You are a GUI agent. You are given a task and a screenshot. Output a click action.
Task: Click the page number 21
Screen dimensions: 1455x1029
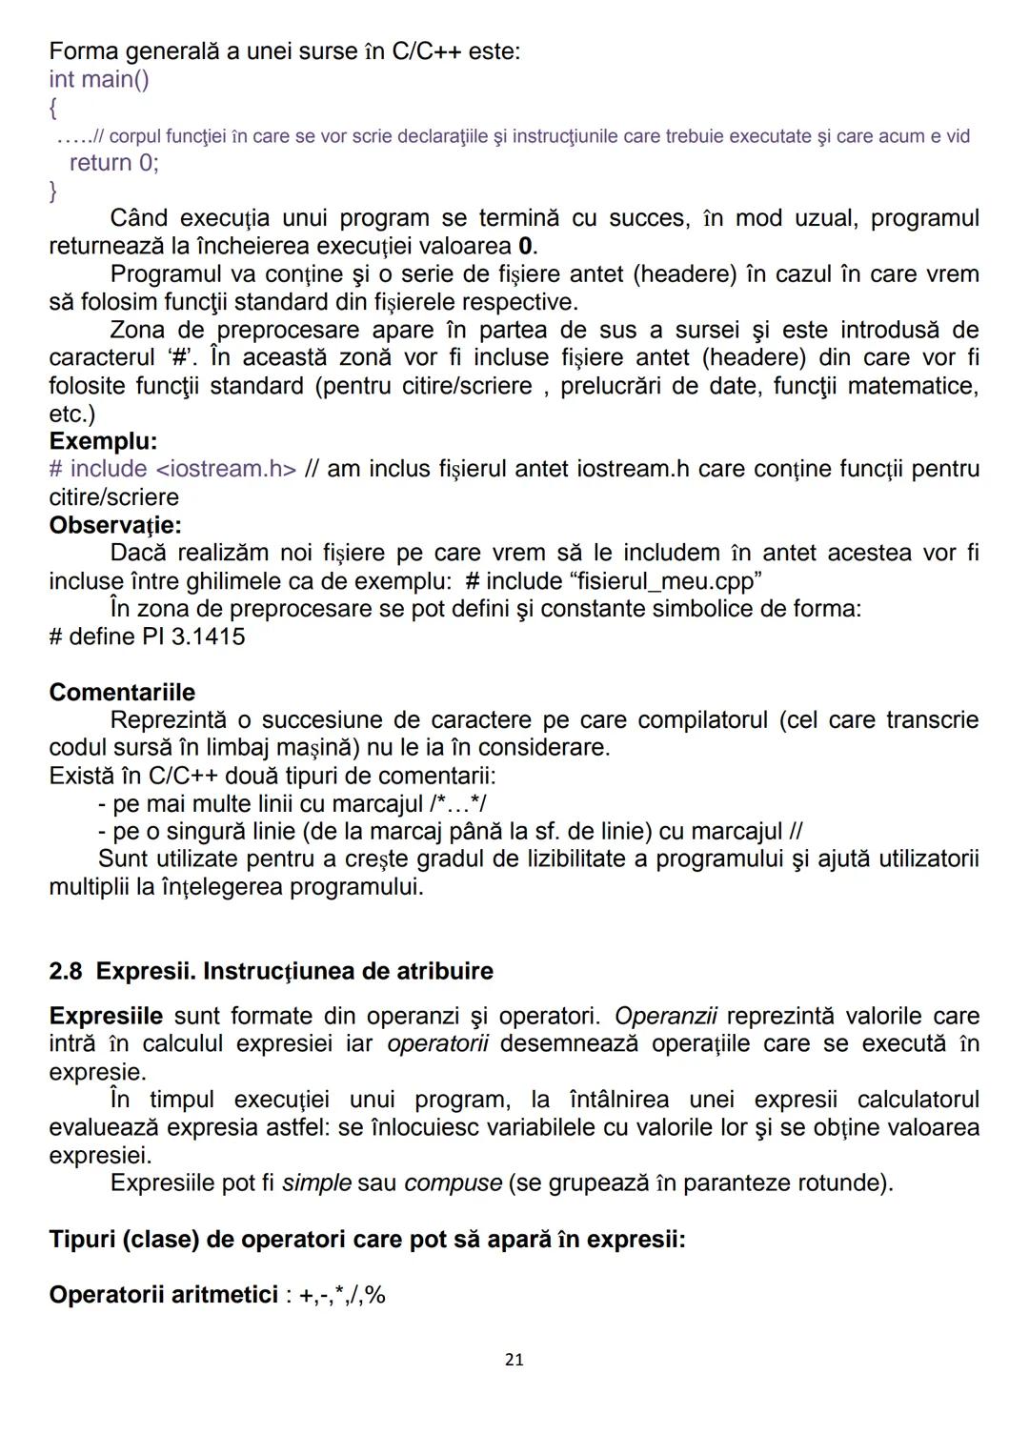click(x=514, y=1360)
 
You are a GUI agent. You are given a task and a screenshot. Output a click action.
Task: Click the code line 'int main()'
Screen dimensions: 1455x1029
click(x=99, y=79)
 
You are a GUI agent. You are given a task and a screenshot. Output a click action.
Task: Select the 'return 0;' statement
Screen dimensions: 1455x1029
click(x=114, y=163)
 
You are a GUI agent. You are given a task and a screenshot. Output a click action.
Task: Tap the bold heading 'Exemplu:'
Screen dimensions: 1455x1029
click(x=103, y=441)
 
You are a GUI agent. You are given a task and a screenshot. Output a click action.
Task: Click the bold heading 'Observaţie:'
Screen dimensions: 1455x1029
click(x=115, y=525)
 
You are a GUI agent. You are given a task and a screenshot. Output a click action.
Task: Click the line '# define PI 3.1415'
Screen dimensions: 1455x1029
click(x=147, y=637)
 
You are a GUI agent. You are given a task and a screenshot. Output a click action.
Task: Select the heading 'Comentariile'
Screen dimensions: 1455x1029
click(x=122, y=692)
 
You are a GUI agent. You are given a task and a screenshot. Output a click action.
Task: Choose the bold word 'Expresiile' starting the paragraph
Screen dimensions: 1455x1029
click(x=106, y=1016)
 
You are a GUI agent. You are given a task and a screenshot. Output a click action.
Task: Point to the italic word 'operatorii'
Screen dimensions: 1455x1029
click(x=437, y=1043)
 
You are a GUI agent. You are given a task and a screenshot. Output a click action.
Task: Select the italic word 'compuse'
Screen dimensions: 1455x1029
click(x=453, y=1183)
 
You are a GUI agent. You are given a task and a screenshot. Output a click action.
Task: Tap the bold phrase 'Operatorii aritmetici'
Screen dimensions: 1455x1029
click(x=163, y=1295)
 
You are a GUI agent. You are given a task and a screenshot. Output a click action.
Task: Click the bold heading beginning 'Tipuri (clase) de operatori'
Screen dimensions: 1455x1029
click(x=367, y=1240)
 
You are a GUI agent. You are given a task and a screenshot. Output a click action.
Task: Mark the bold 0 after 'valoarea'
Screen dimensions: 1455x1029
click(x=525, y=247)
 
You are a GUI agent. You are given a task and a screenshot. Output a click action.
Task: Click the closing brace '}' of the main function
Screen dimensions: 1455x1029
click(x=53, y=191)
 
